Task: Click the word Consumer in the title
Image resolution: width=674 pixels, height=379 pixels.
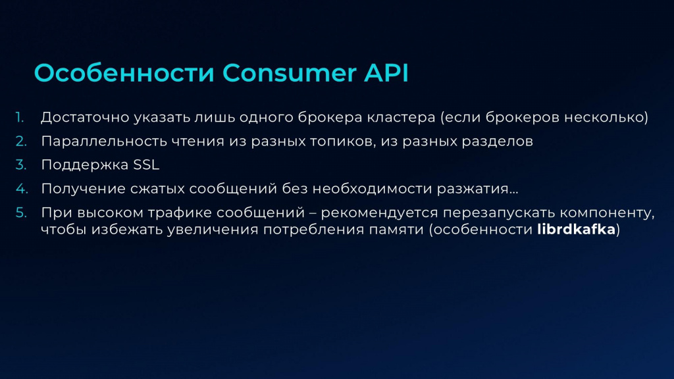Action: point(290,72)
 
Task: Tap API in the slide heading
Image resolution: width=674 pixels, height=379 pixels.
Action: point(386,72)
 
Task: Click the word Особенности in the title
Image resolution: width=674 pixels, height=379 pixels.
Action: point(124,72)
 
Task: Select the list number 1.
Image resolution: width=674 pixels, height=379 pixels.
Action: point(19,117)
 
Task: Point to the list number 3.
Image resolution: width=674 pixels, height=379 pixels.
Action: point(21,164)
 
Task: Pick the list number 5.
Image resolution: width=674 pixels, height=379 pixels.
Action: point(21,213)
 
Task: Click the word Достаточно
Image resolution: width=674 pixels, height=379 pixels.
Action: point(85,117)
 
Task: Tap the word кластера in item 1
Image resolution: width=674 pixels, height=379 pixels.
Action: point(401,117)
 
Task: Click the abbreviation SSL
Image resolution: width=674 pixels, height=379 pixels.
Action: point(146,164)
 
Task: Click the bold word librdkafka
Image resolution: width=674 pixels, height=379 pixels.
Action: point(577,230)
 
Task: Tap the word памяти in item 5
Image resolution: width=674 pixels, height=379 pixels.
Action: point(397,230)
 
